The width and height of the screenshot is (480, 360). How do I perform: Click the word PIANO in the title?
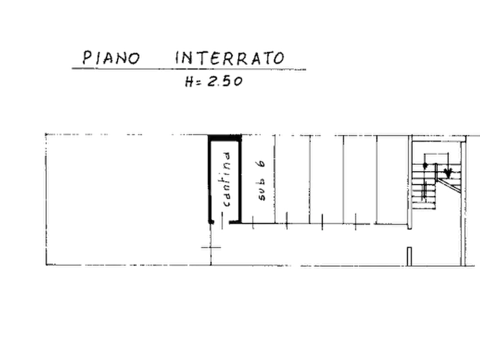coord(111,57)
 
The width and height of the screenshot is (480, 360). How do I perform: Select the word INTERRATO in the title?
coord(230,58)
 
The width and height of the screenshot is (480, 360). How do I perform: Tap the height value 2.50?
coord(225,82)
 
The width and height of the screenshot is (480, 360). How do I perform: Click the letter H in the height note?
coord(189,82)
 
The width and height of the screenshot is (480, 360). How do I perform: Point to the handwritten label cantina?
coord(227,179)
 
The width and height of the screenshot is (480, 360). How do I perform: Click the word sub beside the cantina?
coord(262,192)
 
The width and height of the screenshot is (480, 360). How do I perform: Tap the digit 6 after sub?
coord(261,164)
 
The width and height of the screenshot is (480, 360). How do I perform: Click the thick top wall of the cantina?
coord(225,138)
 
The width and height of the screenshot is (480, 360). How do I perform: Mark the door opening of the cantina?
coord(221,222)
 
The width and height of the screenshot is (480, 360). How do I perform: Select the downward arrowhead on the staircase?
coord(448,173)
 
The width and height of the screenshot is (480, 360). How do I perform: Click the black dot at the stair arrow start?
coord(425,165)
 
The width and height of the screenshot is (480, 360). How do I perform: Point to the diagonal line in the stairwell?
coord(448,186)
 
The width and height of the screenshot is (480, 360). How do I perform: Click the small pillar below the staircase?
coord(409,256)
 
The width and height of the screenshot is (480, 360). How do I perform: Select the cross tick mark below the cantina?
coord(211,247)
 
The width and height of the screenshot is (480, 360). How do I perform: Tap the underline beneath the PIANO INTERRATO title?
coord(189,69)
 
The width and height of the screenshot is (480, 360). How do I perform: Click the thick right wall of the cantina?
coord(240,181)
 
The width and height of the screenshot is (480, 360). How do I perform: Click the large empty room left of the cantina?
coord(127,199)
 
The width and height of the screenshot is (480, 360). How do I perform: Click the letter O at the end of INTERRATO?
coord(279,59)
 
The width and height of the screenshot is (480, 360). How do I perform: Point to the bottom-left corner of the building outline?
coord(46,265)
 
